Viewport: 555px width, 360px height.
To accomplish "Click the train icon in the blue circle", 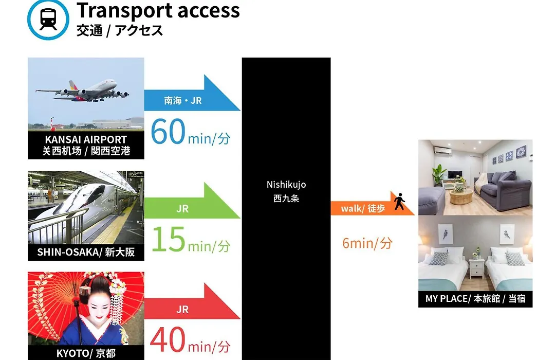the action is [x=48, y=19].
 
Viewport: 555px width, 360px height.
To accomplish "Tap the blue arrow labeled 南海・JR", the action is [x=192, y=93].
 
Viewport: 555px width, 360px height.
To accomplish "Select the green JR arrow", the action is [x=192, y=201].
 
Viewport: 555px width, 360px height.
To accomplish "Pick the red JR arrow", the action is [x=192, y=301].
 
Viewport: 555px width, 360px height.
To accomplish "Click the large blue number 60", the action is [x=168, y=132].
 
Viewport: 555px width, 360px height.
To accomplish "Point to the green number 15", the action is [x=169, y=239].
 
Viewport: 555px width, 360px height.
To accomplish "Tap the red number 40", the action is [x=168, y=339].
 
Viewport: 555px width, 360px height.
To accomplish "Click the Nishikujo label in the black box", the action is [x=286, y=185].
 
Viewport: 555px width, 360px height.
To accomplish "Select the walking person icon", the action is [x=400, y=201].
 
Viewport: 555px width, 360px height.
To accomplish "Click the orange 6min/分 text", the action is [x=367, y=243].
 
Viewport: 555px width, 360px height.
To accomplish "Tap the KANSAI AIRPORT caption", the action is [x=86, y=139].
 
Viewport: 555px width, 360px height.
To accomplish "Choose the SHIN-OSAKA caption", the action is [x=86, y=252].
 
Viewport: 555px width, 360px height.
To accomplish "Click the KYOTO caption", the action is [x=86, y=353].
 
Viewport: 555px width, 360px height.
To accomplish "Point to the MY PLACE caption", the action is [x=475, y=299].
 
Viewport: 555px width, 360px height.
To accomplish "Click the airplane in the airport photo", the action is [x=82, y=90].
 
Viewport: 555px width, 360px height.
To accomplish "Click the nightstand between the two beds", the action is [x=476, y=268].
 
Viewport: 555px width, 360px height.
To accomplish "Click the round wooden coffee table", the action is [x=460, y=196].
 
